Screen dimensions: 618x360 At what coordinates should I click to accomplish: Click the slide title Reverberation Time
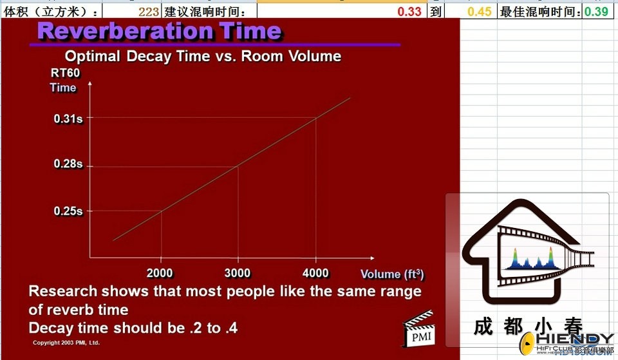159,31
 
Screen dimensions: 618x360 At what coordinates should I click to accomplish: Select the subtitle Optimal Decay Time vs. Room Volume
203,57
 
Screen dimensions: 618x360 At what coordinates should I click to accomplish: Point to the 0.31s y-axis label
68,118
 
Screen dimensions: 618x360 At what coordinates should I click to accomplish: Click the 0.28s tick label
68,164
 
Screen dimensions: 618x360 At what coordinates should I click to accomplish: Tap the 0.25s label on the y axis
68,211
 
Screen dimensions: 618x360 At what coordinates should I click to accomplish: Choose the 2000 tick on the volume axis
160,273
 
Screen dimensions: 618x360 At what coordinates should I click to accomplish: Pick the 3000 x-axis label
238,273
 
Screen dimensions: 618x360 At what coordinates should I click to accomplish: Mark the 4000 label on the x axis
315,273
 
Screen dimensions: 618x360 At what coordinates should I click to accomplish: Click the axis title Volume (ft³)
392,274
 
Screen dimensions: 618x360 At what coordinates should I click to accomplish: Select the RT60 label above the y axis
66,73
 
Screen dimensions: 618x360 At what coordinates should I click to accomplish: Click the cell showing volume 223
149,12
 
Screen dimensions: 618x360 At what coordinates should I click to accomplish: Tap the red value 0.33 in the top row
409,12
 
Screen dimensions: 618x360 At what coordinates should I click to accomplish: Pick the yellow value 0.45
480,12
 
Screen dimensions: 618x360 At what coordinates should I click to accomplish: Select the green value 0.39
596,12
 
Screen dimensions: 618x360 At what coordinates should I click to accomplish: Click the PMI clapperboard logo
418,329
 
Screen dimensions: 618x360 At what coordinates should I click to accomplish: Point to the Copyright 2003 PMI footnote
66,343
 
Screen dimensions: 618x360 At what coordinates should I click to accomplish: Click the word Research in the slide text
63,291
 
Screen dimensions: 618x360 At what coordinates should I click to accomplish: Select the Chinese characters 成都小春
528,327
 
